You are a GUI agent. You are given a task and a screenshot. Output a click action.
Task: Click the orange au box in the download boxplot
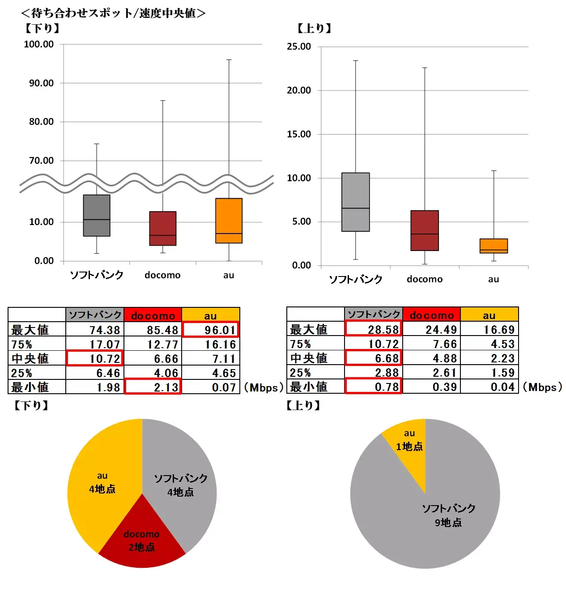click(229, 221)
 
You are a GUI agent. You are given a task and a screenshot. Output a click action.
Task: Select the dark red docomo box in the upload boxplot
click(424, 230)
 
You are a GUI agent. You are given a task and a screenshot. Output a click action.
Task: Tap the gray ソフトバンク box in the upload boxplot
click(355, 202)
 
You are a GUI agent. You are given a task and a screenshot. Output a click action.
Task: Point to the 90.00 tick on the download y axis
click(41, 83)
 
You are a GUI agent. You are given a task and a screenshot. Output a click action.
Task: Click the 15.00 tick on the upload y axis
click(299, 134)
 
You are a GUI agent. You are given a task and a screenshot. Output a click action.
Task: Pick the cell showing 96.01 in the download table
click(210, 330)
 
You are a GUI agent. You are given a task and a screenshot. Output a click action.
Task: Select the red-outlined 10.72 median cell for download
click(94, 358)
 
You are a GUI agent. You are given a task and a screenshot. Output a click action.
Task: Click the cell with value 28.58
click(373, 329)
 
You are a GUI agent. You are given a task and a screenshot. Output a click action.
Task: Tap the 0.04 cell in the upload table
click(489, 387)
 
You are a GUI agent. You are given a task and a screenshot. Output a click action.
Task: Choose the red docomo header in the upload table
click(431, 315)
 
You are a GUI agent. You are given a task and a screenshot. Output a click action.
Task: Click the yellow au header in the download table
click(210, 315)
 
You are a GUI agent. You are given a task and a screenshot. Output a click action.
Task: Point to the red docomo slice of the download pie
click(142, 541)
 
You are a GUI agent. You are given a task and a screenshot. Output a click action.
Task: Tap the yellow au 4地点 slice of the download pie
click(102, 483)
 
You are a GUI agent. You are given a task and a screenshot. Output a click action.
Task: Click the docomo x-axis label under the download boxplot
click(162, 275)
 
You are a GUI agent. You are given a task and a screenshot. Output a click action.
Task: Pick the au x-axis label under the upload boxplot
click(493, 279)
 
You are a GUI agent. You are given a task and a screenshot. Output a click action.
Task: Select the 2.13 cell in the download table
click(153, 387)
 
